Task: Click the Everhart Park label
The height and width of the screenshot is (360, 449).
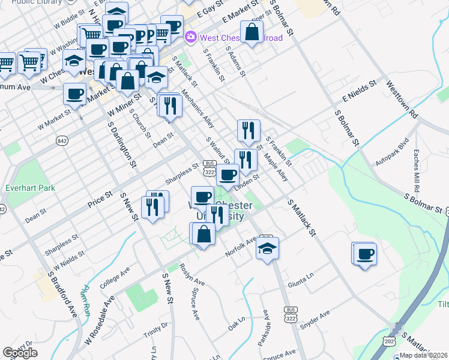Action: point(30,188)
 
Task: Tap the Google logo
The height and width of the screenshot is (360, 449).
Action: point(20,353)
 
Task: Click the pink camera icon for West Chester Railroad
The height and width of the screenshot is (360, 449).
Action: point(191,37)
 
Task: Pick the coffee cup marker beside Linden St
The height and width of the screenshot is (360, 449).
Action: point(228,175)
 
